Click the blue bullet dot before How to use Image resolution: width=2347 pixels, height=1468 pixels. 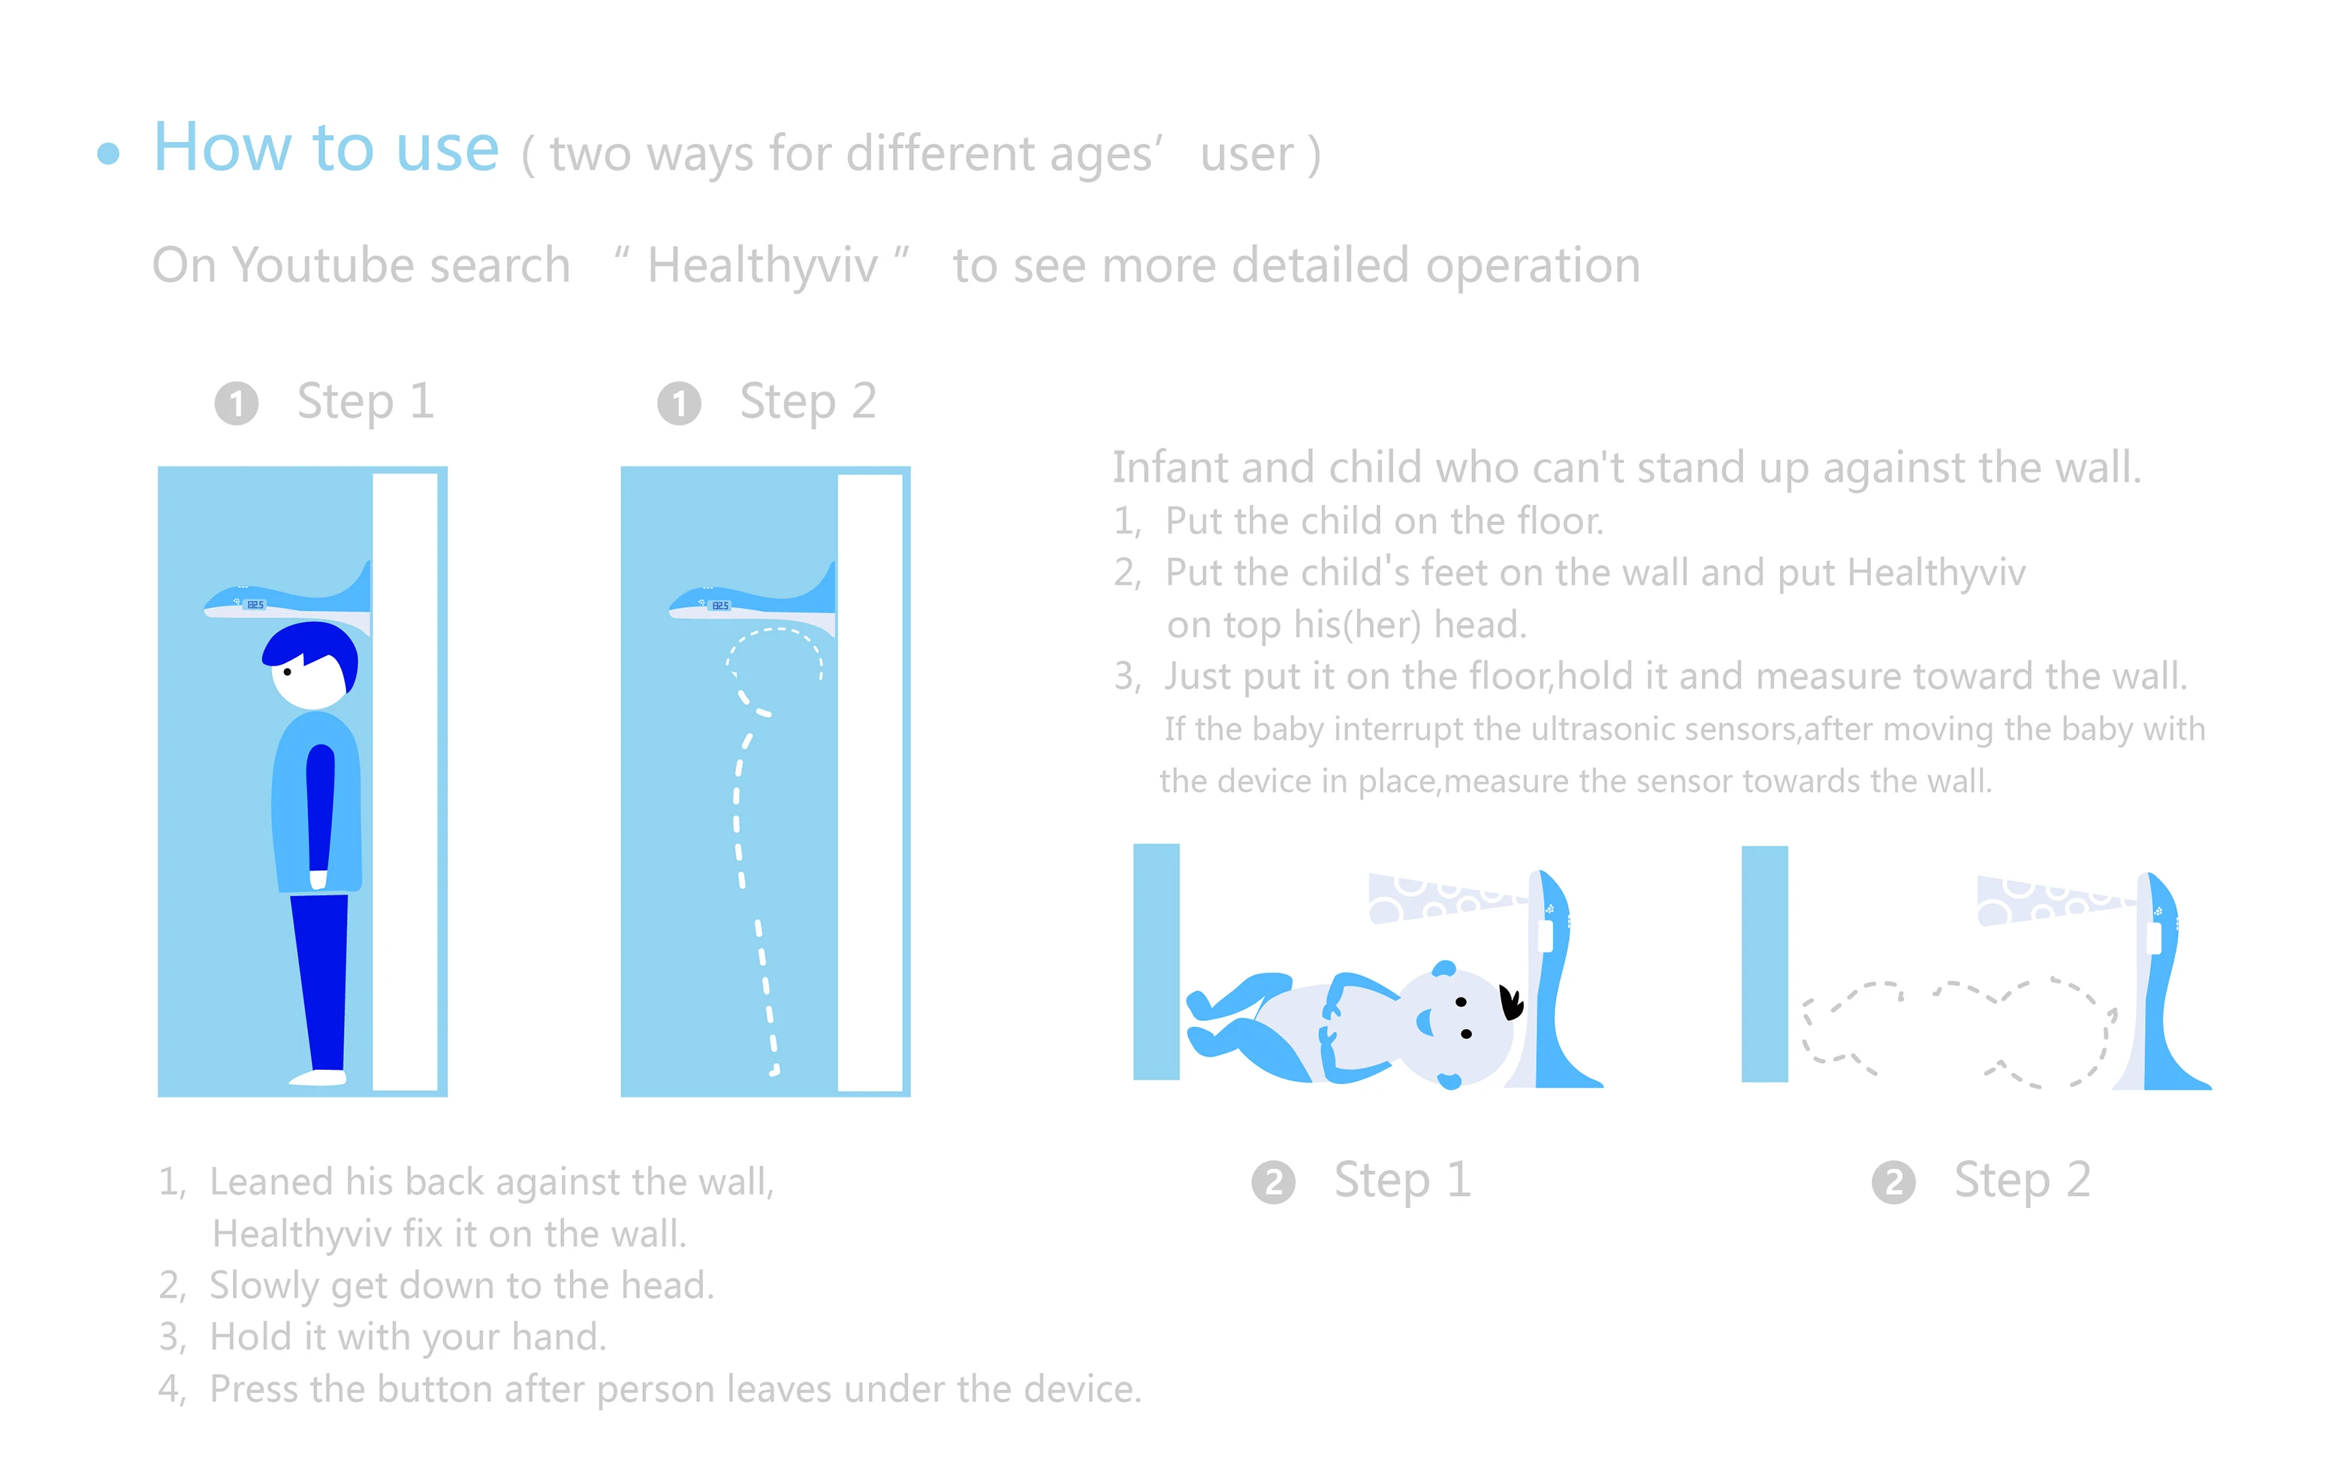[109, 153]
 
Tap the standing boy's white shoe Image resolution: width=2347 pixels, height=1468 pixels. [318, 1077]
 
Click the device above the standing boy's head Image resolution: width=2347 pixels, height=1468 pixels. [288, 599]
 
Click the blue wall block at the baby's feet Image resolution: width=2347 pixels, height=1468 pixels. [1156, 961]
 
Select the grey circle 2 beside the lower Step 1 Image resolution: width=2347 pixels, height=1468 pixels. [1274, 1183]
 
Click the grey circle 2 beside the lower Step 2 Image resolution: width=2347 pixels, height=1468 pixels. [1893, 1183]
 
